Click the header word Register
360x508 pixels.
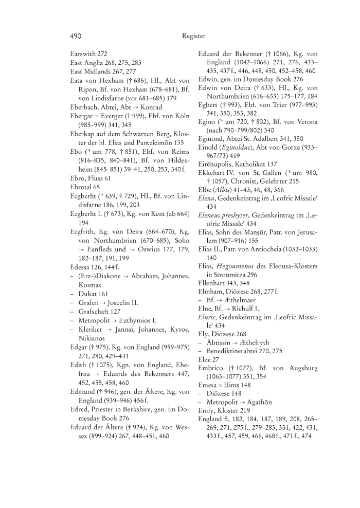point(193,36)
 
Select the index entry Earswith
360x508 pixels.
point(82,54)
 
